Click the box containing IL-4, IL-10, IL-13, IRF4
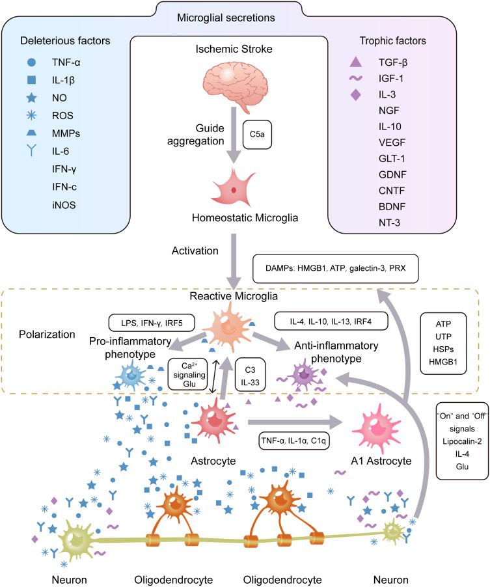(331, 320)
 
